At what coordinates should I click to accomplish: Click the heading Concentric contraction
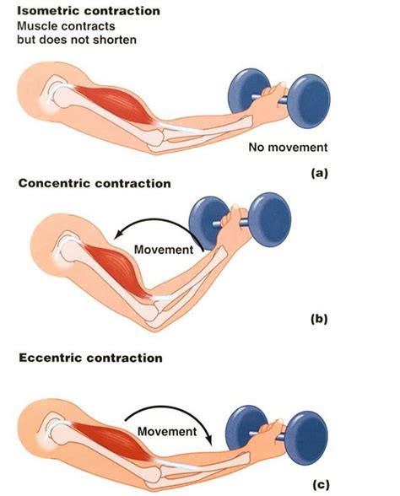pos(95,183)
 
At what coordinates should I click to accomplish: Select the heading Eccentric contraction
pos(90,359)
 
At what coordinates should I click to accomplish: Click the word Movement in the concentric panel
pos(162,250)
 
